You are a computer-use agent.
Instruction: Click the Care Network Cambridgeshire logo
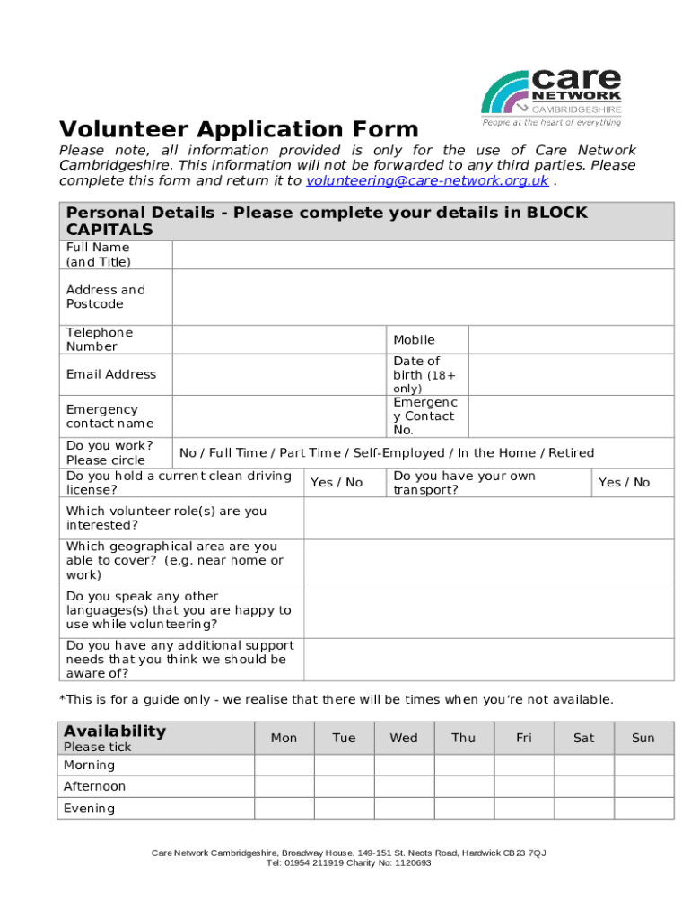551,97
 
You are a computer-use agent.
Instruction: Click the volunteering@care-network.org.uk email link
426,180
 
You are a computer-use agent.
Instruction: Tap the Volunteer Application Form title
239,129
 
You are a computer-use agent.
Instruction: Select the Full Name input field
422,255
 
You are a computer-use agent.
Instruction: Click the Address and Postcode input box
422,297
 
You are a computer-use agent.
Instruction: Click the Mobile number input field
571,339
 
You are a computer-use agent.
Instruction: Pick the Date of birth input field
571,374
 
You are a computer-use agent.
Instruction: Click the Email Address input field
278,374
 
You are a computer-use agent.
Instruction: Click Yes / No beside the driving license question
337,483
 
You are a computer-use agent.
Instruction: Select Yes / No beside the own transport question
624,483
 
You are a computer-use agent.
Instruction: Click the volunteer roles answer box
488,518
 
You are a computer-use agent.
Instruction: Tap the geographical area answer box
488,560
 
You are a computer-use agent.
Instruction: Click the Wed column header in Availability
404,738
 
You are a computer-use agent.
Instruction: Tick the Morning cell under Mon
284,766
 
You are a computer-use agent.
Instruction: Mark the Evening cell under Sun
643,809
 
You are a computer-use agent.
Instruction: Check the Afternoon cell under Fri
524,787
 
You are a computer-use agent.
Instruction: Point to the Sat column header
584,738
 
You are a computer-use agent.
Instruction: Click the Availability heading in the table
115,731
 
